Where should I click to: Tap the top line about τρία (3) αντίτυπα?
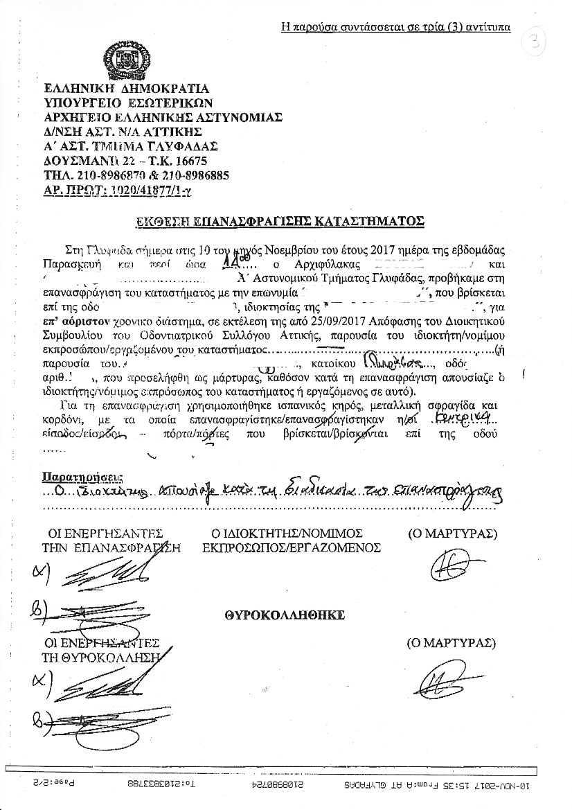pyautogui.click(x=396, y=28)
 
